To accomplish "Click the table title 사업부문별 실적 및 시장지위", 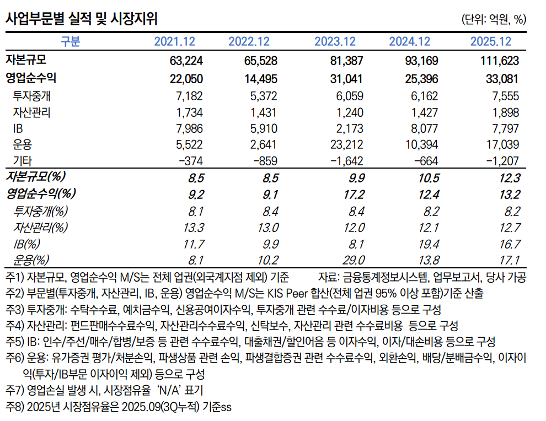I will coord(81,19).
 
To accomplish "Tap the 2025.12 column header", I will coord(491,42).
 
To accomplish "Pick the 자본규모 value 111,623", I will coord(496,61).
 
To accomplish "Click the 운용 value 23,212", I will coord(346,145).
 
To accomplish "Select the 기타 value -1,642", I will coord(345,161).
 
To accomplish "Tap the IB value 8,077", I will coord(422,128).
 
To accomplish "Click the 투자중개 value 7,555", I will coord(503,96).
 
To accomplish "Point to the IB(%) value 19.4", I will coord(427,243).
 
